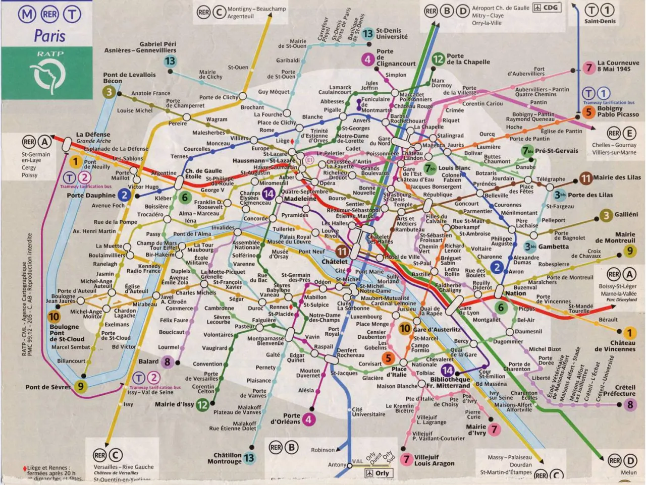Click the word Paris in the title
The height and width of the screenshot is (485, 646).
[49, 36]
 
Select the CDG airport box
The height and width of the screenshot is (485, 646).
[547, 8]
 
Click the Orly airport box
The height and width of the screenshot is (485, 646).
[379, 473]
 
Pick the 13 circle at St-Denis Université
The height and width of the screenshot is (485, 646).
[367, 34]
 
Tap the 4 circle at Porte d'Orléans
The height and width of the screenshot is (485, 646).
[308, 419]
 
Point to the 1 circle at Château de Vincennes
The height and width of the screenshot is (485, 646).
[629, 333]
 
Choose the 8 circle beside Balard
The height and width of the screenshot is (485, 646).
[167, 361]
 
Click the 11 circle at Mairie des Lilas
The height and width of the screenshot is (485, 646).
[585, 178]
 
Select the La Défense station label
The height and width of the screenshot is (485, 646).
[93, 135]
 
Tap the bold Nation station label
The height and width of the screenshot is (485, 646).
[515, 293]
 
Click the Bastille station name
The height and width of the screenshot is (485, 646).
[421, 274]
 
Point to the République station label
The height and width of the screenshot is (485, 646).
[438, 195]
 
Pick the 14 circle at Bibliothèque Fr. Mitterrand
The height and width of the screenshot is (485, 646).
[447, 371]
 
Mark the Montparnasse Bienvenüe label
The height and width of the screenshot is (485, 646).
[265, 341]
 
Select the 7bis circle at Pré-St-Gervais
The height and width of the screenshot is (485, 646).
[527, 151]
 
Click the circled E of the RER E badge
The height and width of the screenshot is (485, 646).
[629, 133]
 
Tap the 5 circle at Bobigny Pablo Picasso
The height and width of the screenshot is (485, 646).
[588, 112]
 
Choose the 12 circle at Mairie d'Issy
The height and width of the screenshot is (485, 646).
[202, 404]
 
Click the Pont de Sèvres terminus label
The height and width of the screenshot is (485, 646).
[48, 387]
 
